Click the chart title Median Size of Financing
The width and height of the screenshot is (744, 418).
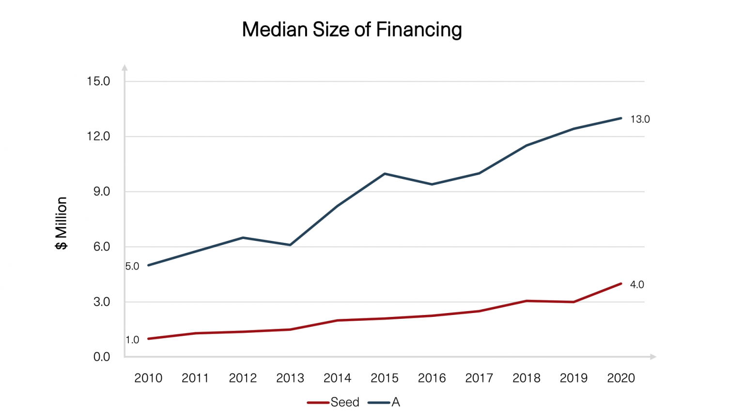tap(352, 30)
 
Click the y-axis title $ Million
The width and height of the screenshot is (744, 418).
tap(62, 223)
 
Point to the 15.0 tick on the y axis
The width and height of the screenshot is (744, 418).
tap(98, 81)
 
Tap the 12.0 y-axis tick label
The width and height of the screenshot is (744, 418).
tap(98, 136)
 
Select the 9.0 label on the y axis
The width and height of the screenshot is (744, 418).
tap(101, 192)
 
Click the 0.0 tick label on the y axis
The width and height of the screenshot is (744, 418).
tap(101, 357)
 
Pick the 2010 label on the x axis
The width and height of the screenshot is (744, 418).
tap(148, 378)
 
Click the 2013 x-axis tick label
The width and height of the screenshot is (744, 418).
tap(290, 378)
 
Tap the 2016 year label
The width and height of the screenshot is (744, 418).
tap(432, 378)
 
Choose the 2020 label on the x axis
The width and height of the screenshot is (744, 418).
tap(621, 378)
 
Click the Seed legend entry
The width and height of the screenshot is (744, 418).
tap(334, 403)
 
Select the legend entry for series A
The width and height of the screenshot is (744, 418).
tap(385, 403)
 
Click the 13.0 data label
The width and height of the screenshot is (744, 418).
tap(640, 119)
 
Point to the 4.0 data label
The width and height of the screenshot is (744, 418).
tap(637, 285)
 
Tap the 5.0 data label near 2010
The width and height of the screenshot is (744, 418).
tap(132, 267)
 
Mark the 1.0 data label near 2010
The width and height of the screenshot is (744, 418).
tap(132, 340)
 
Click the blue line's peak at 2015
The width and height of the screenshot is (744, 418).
tap(385, 174)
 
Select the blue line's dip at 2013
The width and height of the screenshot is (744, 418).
tap(290, 245)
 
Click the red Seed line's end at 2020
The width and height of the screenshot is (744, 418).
tap(621, 284)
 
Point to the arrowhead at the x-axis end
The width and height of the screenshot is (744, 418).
tap(653, 357)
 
